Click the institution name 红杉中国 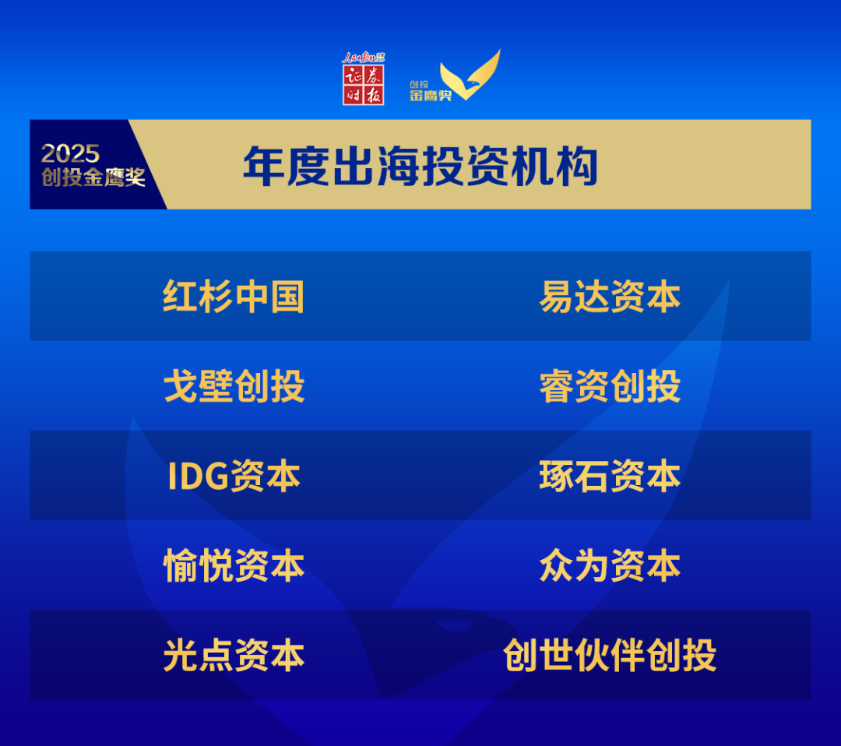pos(234,297)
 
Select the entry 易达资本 pos(610,297)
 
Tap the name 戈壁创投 pos(234,386)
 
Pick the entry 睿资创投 pos(610,386)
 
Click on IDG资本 pos(234,476)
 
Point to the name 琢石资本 pos(610,476)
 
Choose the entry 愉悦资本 pos(234,565)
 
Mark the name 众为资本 pos(610,565)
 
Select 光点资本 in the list pos(234,655)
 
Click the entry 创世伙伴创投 pos(610,655)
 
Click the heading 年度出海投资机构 pos(420,167)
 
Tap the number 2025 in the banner pos(70,154)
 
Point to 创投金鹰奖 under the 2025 pos(93,177)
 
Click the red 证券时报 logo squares pos(363,86)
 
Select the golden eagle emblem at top pos(470,75)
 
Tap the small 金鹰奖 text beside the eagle pos(431,96)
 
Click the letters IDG pos(198,476)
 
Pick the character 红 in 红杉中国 pos(180,297)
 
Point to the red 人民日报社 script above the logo pos(363,58)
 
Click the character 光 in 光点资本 pos(181,655)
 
